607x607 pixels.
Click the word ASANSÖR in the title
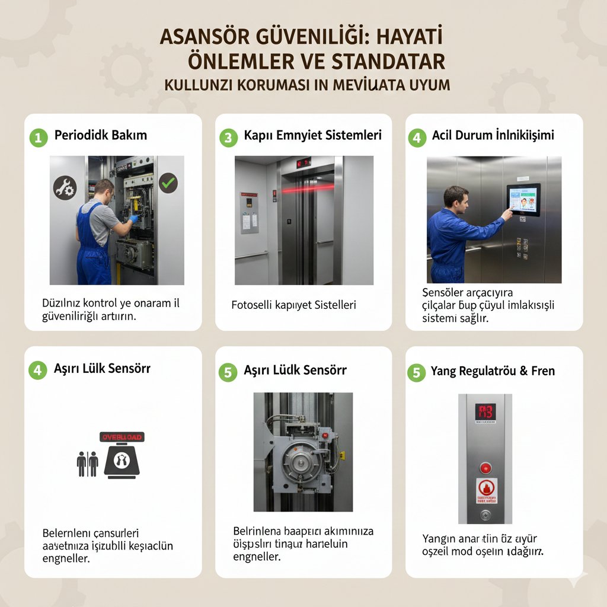click(x=205, y=38)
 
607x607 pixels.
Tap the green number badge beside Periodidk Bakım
click(x=38, y=138)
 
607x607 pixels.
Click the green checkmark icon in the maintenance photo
click(x=168, y=181)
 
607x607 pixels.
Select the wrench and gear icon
click(x=65, y=187)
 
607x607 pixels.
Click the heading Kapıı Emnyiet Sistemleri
click(x=312, y=135)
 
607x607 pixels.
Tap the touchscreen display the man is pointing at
click(x=523, y=200)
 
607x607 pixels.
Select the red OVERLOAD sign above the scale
click(x=122, y=437)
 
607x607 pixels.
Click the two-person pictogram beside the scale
click(x=87, y=464)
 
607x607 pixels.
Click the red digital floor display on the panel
click(x=485, y=413)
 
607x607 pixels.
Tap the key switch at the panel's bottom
click(x=485, y=515)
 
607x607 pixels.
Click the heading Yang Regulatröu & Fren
click(x=493, y=371)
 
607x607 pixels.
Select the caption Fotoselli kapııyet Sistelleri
click(x=293, y=305)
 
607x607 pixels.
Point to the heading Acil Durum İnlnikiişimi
click(x=493, y=135)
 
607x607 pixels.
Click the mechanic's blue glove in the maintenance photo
click(x=134, y=219)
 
